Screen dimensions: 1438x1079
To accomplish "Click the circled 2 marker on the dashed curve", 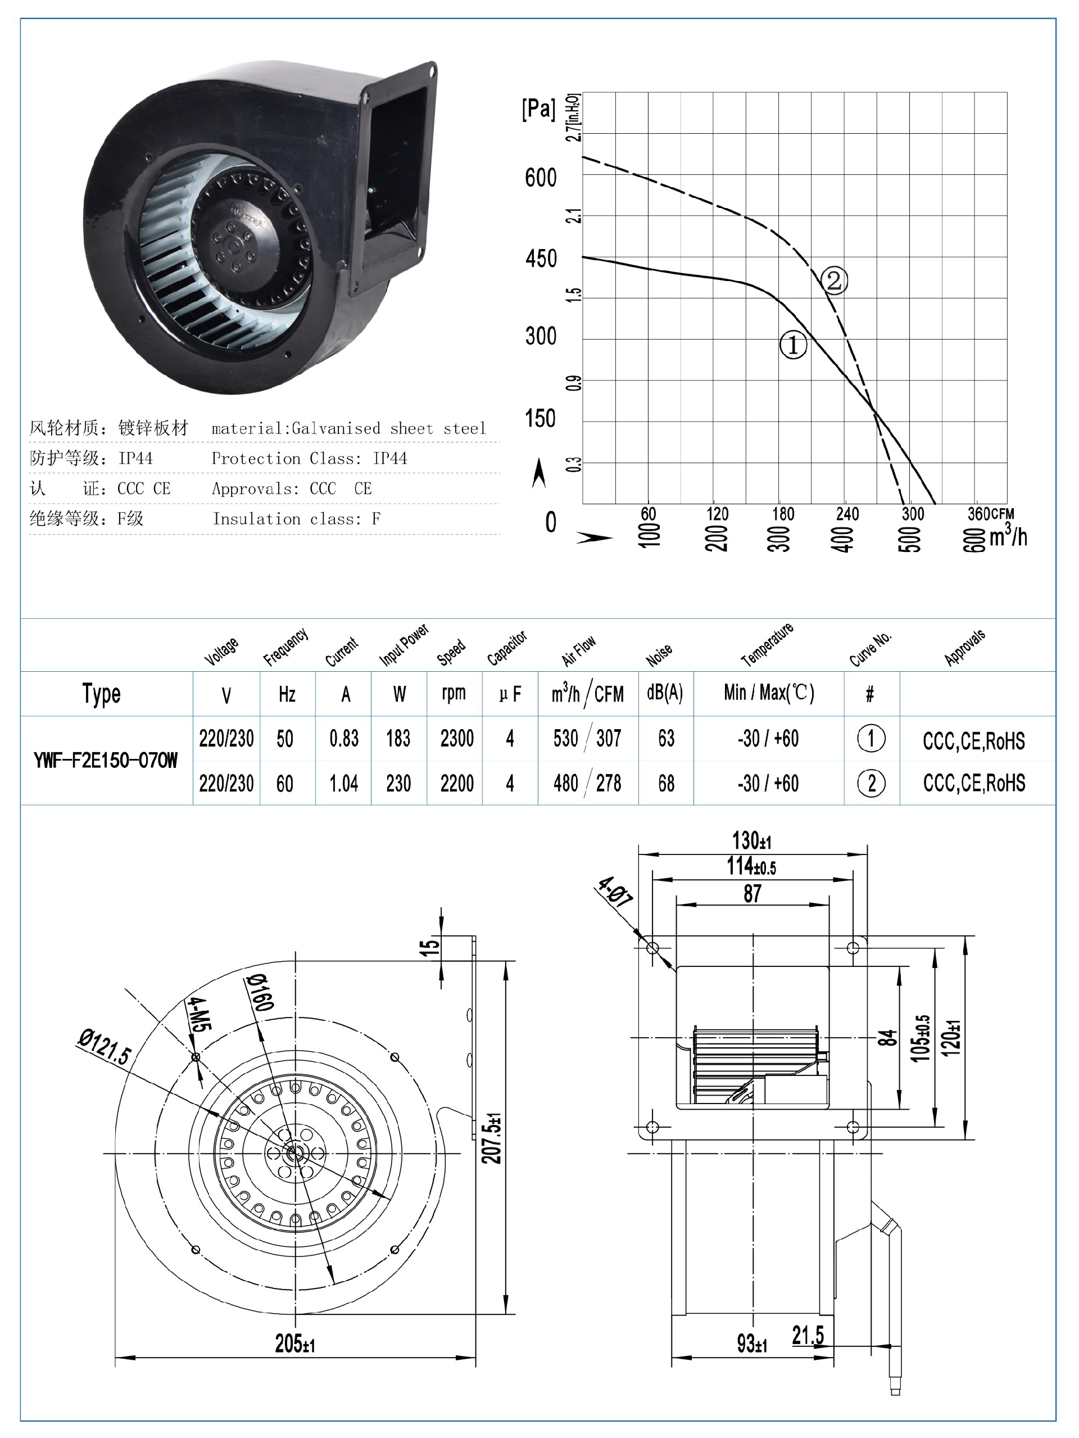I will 834,281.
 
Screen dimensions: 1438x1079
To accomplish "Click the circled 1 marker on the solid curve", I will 793,345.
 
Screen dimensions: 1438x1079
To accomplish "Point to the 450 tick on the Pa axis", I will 541,259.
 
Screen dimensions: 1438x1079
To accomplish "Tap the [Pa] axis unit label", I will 538,109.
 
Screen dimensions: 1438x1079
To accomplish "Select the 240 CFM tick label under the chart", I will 847,514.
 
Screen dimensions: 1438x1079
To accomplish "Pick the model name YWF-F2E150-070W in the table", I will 105,761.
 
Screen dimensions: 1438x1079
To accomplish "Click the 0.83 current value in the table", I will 344,739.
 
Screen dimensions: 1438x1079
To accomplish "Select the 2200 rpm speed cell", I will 456,783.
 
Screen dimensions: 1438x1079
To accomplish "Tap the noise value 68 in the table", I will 667,783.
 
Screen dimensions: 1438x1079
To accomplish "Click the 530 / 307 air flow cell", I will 587,739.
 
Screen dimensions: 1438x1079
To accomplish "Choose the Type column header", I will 101,694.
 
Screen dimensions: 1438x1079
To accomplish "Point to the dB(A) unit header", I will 665,693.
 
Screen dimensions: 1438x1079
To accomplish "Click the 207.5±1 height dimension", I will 492,1138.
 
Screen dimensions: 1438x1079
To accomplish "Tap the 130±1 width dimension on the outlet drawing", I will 752,840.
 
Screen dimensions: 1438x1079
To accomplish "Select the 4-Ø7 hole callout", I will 615,893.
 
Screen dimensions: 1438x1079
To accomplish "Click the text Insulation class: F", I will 296,519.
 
